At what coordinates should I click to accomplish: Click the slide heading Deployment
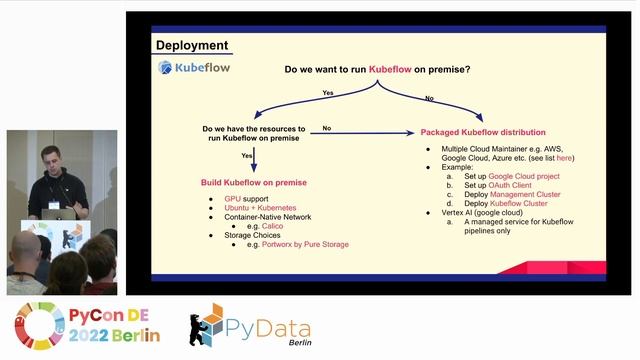coord(192,46)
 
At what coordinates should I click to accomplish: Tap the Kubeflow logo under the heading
coord(193,68)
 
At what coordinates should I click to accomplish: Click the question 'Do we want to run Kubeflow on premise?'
coord(378,70)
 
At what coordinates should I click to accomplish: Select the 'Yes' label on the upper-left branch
coord(327,92)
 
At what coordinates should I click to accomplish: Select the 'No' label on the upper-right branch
coord(430,98)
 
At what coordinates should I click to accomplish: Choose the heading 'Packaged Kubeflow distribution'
coord(483,132)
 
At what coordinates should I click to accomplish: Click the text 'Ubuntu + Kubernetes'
coord(261,208)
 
